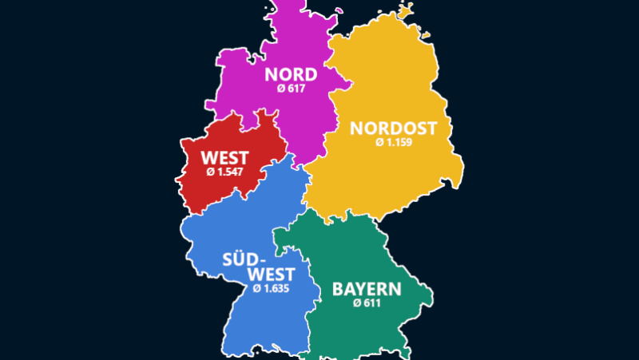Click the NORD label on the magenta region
tap(291, 75)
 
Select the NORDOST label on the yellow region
tap(394, 128)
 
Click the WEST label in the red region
tap(224, 157)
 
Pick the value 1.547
tap(230, 172)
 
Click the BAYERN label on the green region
tap(367, 289)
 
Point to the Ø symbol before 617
tap(281, 90)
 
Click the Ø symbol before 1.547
tap(210, 172)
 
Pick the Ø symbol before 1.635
tap(256, 288)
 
